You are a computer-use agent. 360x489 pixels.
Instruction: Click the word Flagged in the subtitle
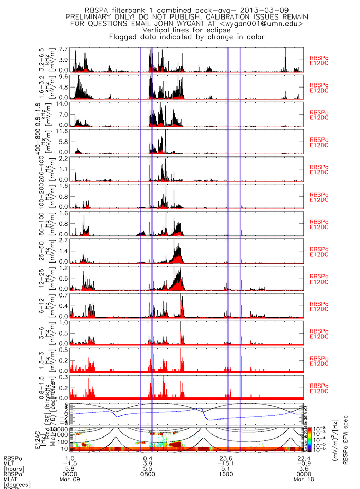124,37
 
